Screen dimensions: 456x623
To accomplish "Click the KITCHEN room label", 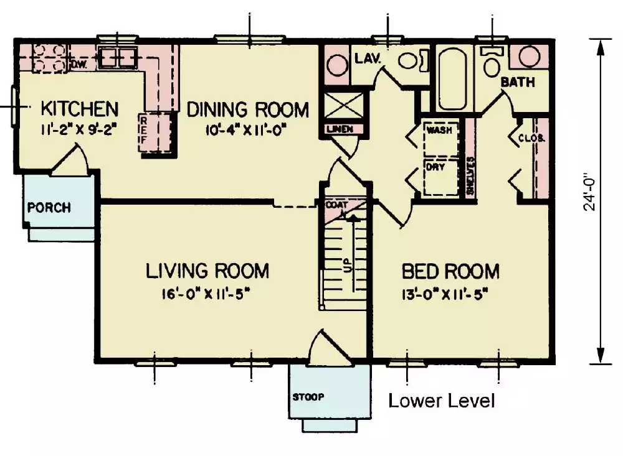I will click(79, 108).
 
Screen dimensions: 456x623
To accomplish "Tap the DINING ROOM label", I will click(247, 109).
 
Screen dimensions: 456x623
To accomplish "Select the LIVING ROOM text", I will click(207, 271).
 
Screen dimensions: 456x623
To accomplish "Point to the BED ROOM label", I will click(450, 271).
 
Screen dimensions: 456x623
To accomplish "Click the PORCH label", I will click(49, 208).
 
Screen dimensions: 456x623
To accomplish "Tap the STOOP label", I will click(309, 396).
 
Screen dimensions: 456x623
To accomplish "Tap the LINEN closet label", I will click(339, 129).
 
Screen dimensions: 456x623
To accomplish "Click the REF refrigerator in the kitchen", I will click(143, 131).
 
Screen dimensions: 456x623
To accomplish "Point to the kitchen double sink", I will click(118, 58).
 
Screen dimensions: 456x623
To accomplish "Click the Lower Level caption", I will click(442, 401).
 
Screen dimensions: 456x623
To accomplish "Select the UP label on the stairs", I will click(346, 264).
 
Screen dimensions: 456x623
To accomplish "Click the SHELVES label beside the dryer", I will click(470, 177).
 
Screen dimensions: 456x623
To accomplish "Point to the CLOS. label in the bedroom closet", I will click(532, 138).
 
